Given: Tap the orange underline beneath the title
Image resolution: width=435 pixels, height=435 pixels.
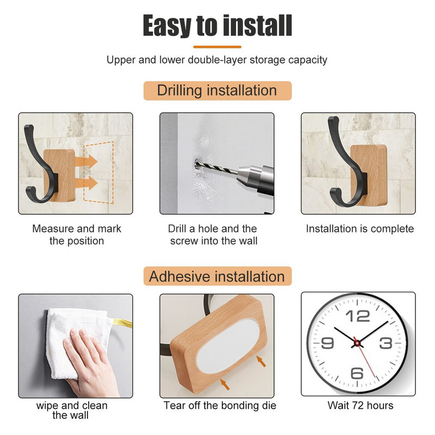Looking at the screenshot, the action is pyautogui.click(x=217, y=47).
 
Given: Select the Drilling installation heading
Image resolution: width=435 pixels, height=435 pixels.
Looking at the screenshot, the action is pyautogui.click(x=217, y=90).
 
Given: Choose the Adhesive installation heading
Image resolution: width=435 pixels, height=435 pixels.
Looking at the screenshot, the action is pyautogui.click(x=217, y=276).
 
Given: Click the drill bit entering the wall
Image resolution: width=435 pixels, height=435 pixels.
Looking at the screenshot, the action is pyautogui.click(x=215, y=167).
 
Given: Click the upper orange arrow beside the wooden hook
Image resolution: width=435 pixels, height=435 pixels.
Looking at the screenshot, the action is pyautogui.click(x=86, y=161).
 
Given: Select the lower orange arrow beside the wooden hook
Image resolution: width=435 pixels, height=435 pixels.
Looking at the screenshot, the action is pyautogui.click(x=86, y=183).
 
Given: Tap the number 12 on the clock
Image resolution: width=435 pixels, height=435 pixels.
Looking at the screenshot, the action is pyautogui.click(x=358, y=316).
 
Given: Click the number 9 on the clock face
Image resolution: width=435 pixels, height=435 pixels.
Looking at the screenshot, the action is pyautogui.click(x=327, y=343).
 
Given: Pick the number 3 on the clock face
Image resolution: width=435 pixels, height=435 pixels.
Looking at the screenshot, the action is pyautogui.click(x=386, y=343).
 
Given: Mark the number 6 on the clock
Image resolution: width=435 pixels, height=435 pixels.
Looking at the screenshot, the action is pyautogui.click(x=357, y=373).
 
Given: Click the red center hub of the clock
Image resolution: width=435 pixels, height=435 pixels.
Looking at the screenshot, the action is pyautogui.click(x=357, y=344).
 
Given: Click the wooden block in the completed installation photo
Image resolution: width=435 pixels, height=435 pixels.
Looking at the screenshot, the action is pyautogui.click(x=369, y=175).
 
